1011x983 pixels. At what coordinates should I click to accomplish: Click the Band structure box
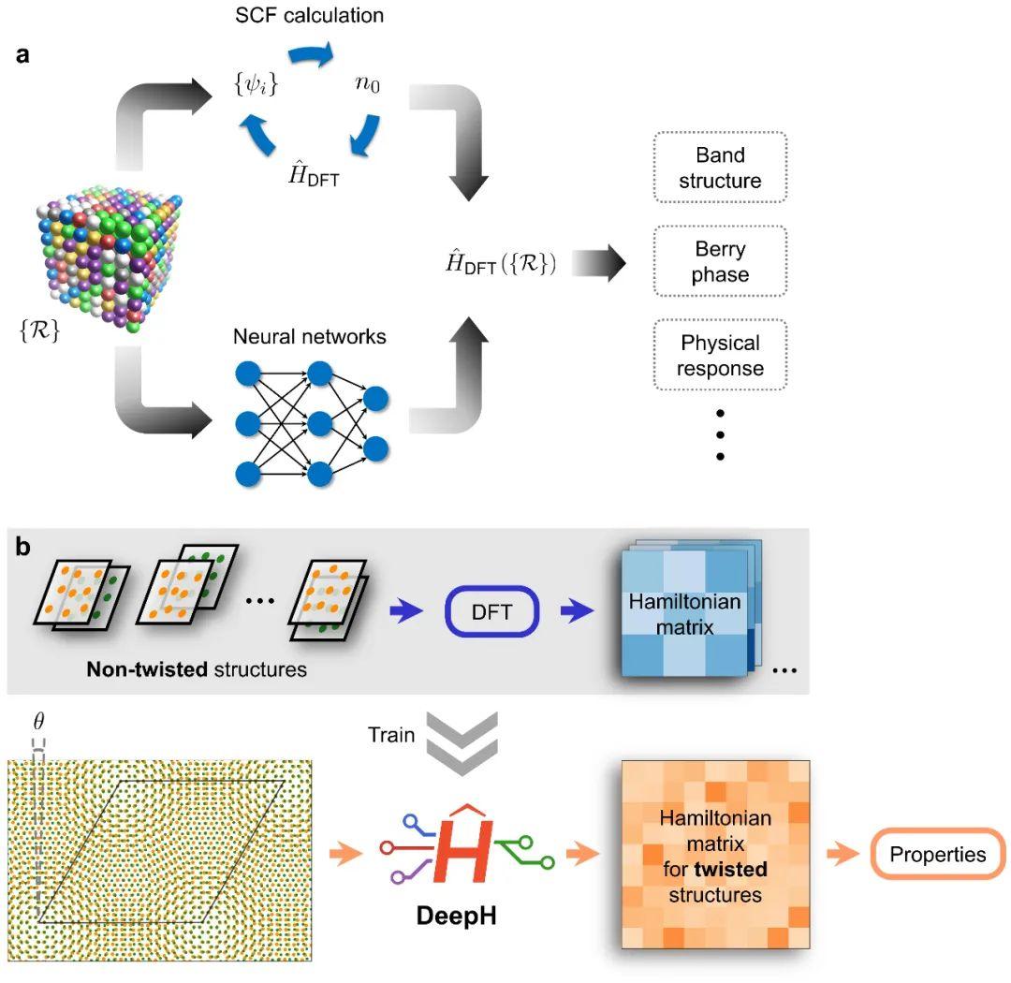(720, 168)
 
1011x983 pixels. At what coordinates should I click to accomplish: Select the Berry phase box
(720, 261)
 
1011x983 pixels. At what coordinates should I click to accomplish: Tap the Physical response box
(720, 355)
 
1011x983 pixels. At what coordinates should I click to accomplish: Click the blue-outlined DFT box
(492, 611)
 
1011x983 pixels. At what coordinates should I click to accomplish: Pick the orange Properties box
(938, 854)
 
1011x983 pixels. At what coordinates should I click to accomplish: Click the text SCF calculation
(310, 16)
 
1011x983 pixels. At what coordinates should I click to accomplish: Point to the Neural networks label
(310, 336)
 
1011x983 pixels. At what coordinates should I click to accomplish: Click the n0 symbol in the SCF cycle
(368, 84)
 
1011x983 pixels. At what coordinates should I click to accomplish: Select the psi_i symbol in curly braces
(256, 84)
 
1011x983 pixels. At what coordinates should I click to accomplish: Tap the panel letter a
(22, 55)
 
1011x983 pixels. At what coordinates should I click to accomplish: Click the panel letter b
(23, 547)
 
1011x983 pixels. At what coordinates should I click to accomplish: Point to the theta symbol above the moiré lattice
(38, 721)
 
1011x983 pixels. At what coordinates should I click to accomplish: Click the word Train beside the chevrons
(391, 735)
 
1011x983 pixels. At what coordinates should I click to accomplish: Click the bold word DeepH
(457, 916)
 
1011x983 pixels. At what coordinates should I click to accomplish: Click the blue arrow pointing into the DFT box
(406, 611)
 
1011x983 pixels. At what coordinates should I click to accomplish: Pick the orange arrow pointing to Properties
(843, 854)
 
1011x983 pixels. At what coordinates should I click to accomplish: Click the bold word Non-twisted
(147, 668)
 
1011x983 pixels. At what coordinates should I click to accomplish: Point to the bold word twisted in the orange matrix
(731, 869)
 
